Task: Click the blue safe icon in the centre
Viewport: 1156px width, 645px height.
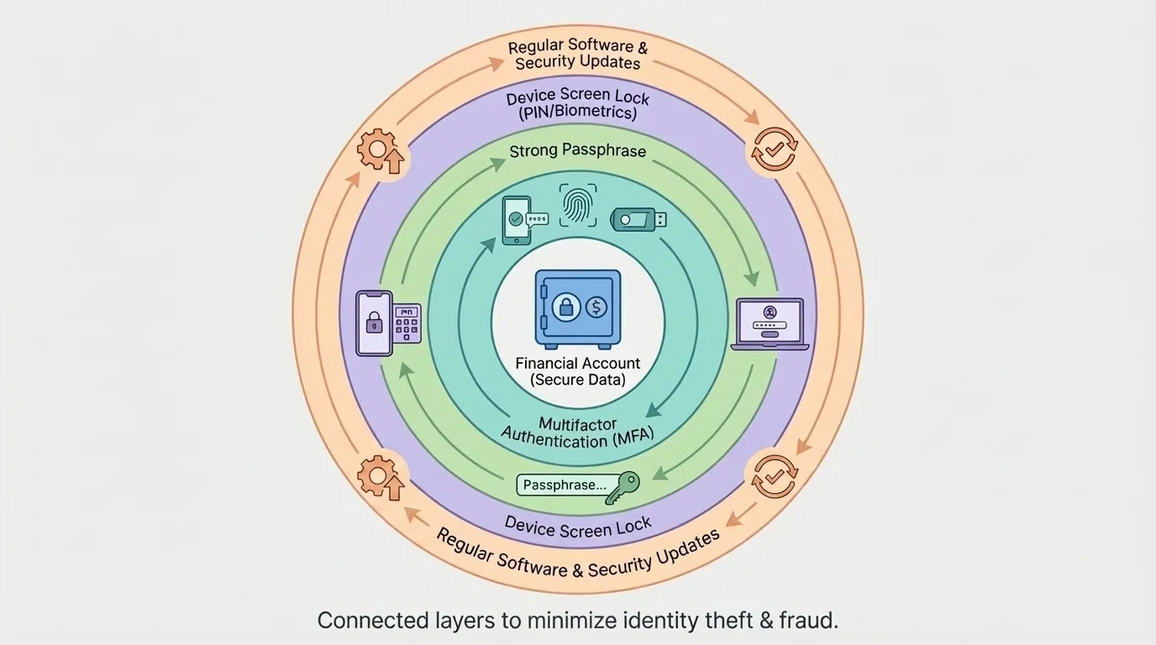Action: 578,308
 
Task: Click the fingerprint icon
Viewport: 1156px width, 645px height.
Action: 578,206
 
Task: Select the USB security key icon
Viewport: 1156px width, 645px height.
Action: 638,219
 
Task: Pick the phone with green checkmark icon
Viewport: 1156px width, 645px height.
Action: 517,220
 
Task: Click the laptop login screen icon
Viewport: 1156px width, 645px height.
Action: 770,324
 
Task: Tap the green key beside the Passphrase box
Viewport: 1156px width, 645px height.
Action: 623,486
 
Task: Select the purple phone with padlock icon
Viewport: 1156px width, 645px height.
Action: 374,323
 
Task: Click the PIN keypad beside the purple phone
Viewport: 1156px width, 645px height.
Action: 407,323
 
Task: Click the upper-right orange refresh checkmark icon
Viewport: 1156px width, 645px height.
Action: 774,150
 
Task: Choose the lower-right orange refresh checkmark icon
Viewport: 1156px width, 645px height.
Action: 774,476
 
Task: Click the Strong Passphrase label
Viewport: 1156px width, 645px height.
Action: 578,151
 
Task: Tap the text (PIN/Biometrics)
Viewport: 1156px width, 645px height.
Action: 578,113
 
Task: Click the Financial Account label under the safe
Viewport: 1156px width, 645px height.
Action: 578,364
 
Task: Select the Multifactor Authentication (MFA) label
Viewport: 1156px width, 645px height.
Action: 578,433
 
